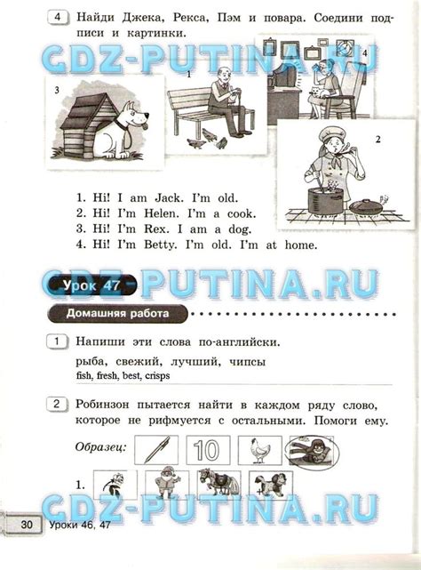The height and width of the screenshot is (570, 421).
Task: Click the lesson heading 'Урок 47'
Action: pos(90,285)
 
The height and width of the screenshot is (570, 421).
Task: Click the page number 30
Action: pos(26,526)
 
